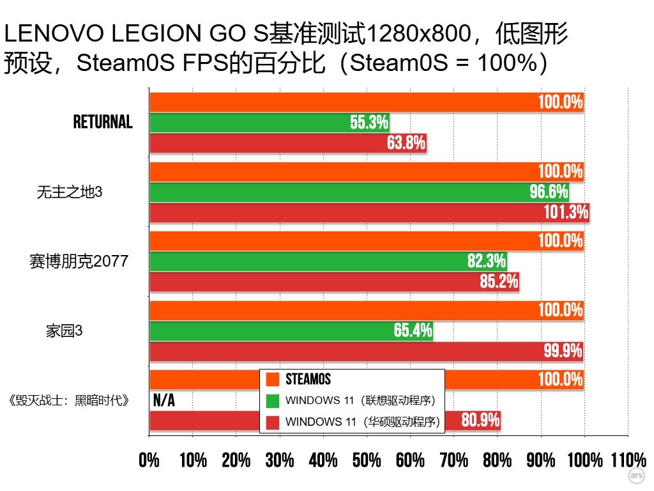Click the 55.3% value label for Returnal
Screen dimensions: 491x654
pos(369,123)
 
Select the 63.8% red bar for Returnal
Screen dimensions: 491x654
pos(287,143)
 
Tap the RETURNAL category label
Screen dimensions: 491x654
pos(103,122)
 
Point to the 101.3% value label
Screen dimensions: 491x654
pos(566,212)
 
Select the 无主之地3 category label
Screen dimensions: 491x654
pos(70,192)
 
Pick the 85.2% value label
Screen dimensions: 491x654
pos(499,281)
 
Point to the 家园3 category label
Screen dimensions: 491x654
pos(64,331)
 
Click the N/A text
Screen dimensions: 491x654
pos(164,400)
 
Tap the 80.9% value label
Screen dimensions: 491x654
pos(480,421)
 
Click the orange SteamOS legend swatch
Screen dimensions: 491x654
pos(273,379)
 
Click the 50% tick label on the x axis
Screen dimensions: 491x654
pos(367,460)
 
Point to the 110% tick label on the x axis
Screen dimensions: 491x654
pos(628,460)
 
